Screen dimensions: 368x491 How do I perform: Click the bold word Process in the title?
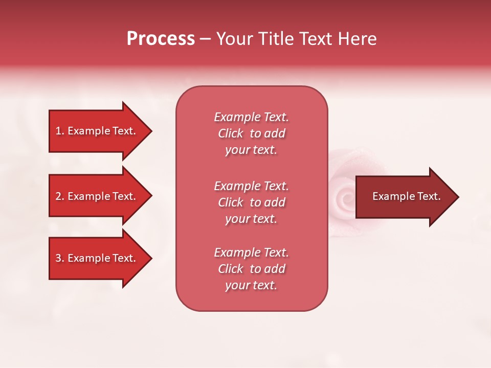tap(161, 39)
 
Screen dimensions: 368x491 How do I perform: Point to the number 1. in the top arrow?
tap(60, 131)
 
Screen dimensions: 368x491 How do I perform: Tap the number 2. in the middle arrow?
tap(60, 196)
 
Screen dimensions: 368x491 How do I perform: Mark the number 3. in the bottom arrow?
tap(60, 258)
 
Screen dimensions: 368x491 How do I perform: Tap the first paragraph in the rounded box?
tap(251, 133)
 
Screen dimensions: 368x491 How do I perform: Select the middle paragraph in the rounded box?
tap(251, 202)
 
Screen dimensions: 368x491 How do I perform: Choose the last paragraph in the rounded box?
tap(251, 269)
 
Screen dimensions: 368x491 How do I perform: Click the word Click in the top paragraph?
tap(231, 133)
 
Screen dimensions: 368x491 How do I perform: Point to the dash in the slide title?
tap(205, 39)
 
